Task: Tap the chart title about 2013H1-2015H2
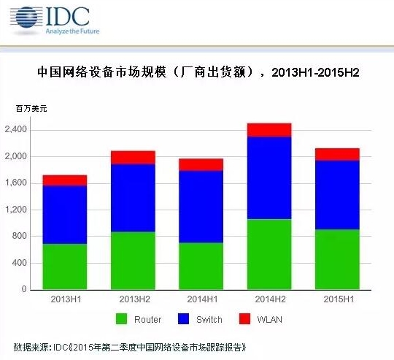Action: [198, 73]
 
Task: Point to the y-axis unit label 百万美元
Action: [31, 109]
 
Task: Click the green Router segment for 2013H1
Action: [65, 267]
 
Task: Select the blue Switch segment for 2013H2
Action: [133, 198]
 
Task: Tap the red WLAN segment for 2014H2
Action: [269, 130]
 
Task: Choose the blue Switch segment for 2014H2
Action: [269, 177]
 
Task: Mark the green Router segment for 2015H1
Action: [336, 259]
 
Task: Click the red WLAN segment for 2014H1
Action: [201, 164]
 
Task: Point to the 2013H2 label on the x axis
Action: [133, 299]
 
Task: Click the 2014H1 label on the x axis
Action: [201, 299]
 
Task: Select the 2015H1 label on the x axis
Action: [336, 299]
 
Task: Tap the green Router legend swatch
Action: [121, 319]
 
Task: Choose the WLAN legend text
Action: [270, 320]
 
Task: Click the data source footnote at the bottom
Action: [135, 346]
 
